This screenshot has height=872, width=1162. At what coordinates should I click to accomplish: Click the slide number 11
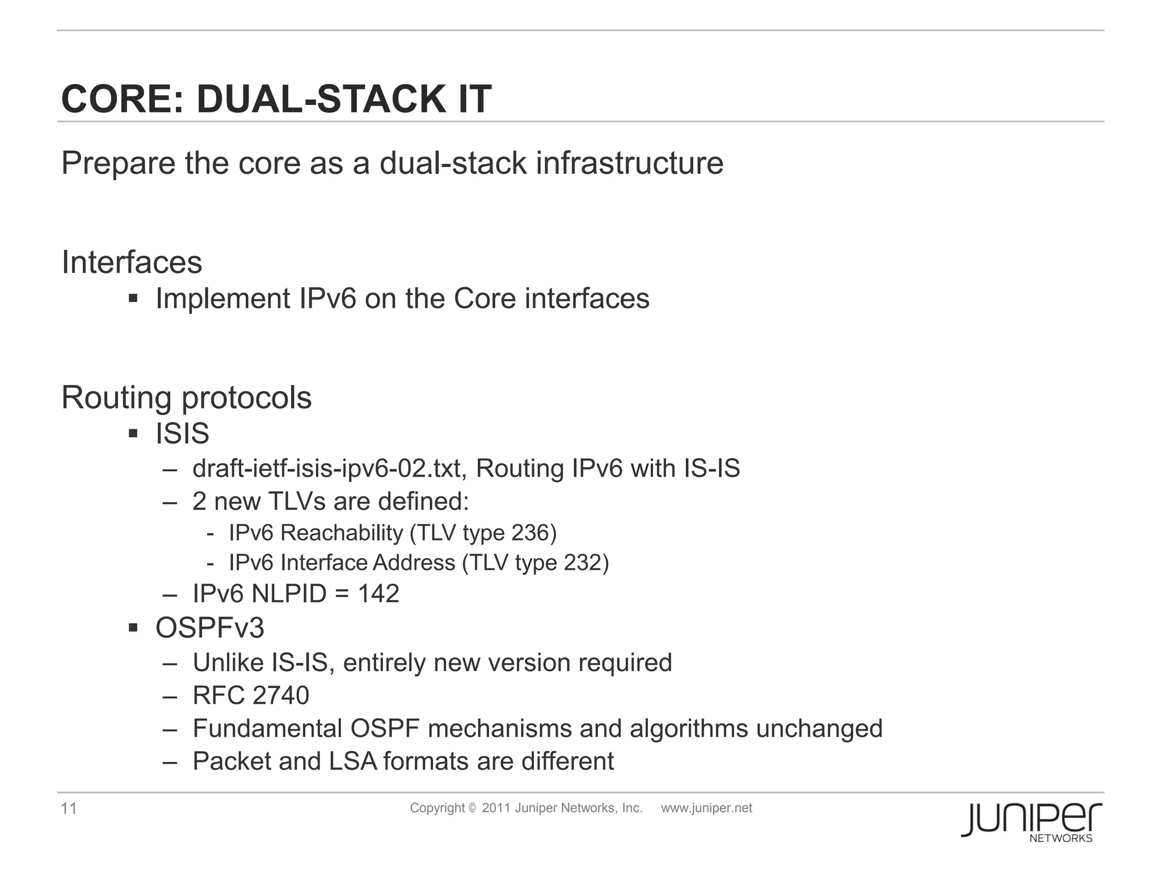69,808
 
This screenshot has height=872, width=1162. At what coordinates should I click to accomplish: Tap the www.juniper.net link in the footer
706,808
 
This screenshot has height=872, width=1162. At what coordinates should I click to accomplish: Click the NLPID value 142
378,594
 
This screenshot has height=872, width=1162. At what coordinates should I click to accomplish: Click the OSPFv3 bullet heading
210,628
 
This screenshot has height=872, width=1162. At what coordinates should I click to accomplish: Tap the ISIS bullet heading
183,434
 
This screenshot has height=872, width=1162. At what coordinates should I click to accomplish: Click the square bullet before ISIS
133,434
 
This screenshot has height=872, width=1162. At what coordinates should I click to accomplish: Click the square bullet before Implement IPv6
133,299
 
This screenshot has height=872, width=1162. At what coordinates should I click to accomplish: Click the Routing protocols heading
187,397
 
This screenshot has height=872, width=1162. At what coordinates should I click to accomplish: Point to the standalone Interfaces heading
132,262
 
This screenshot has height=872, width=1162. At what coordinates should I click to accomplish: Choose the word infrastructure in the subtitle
629,163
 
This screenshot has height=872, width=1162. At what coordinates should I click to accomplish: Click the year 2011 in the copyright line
496,808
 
